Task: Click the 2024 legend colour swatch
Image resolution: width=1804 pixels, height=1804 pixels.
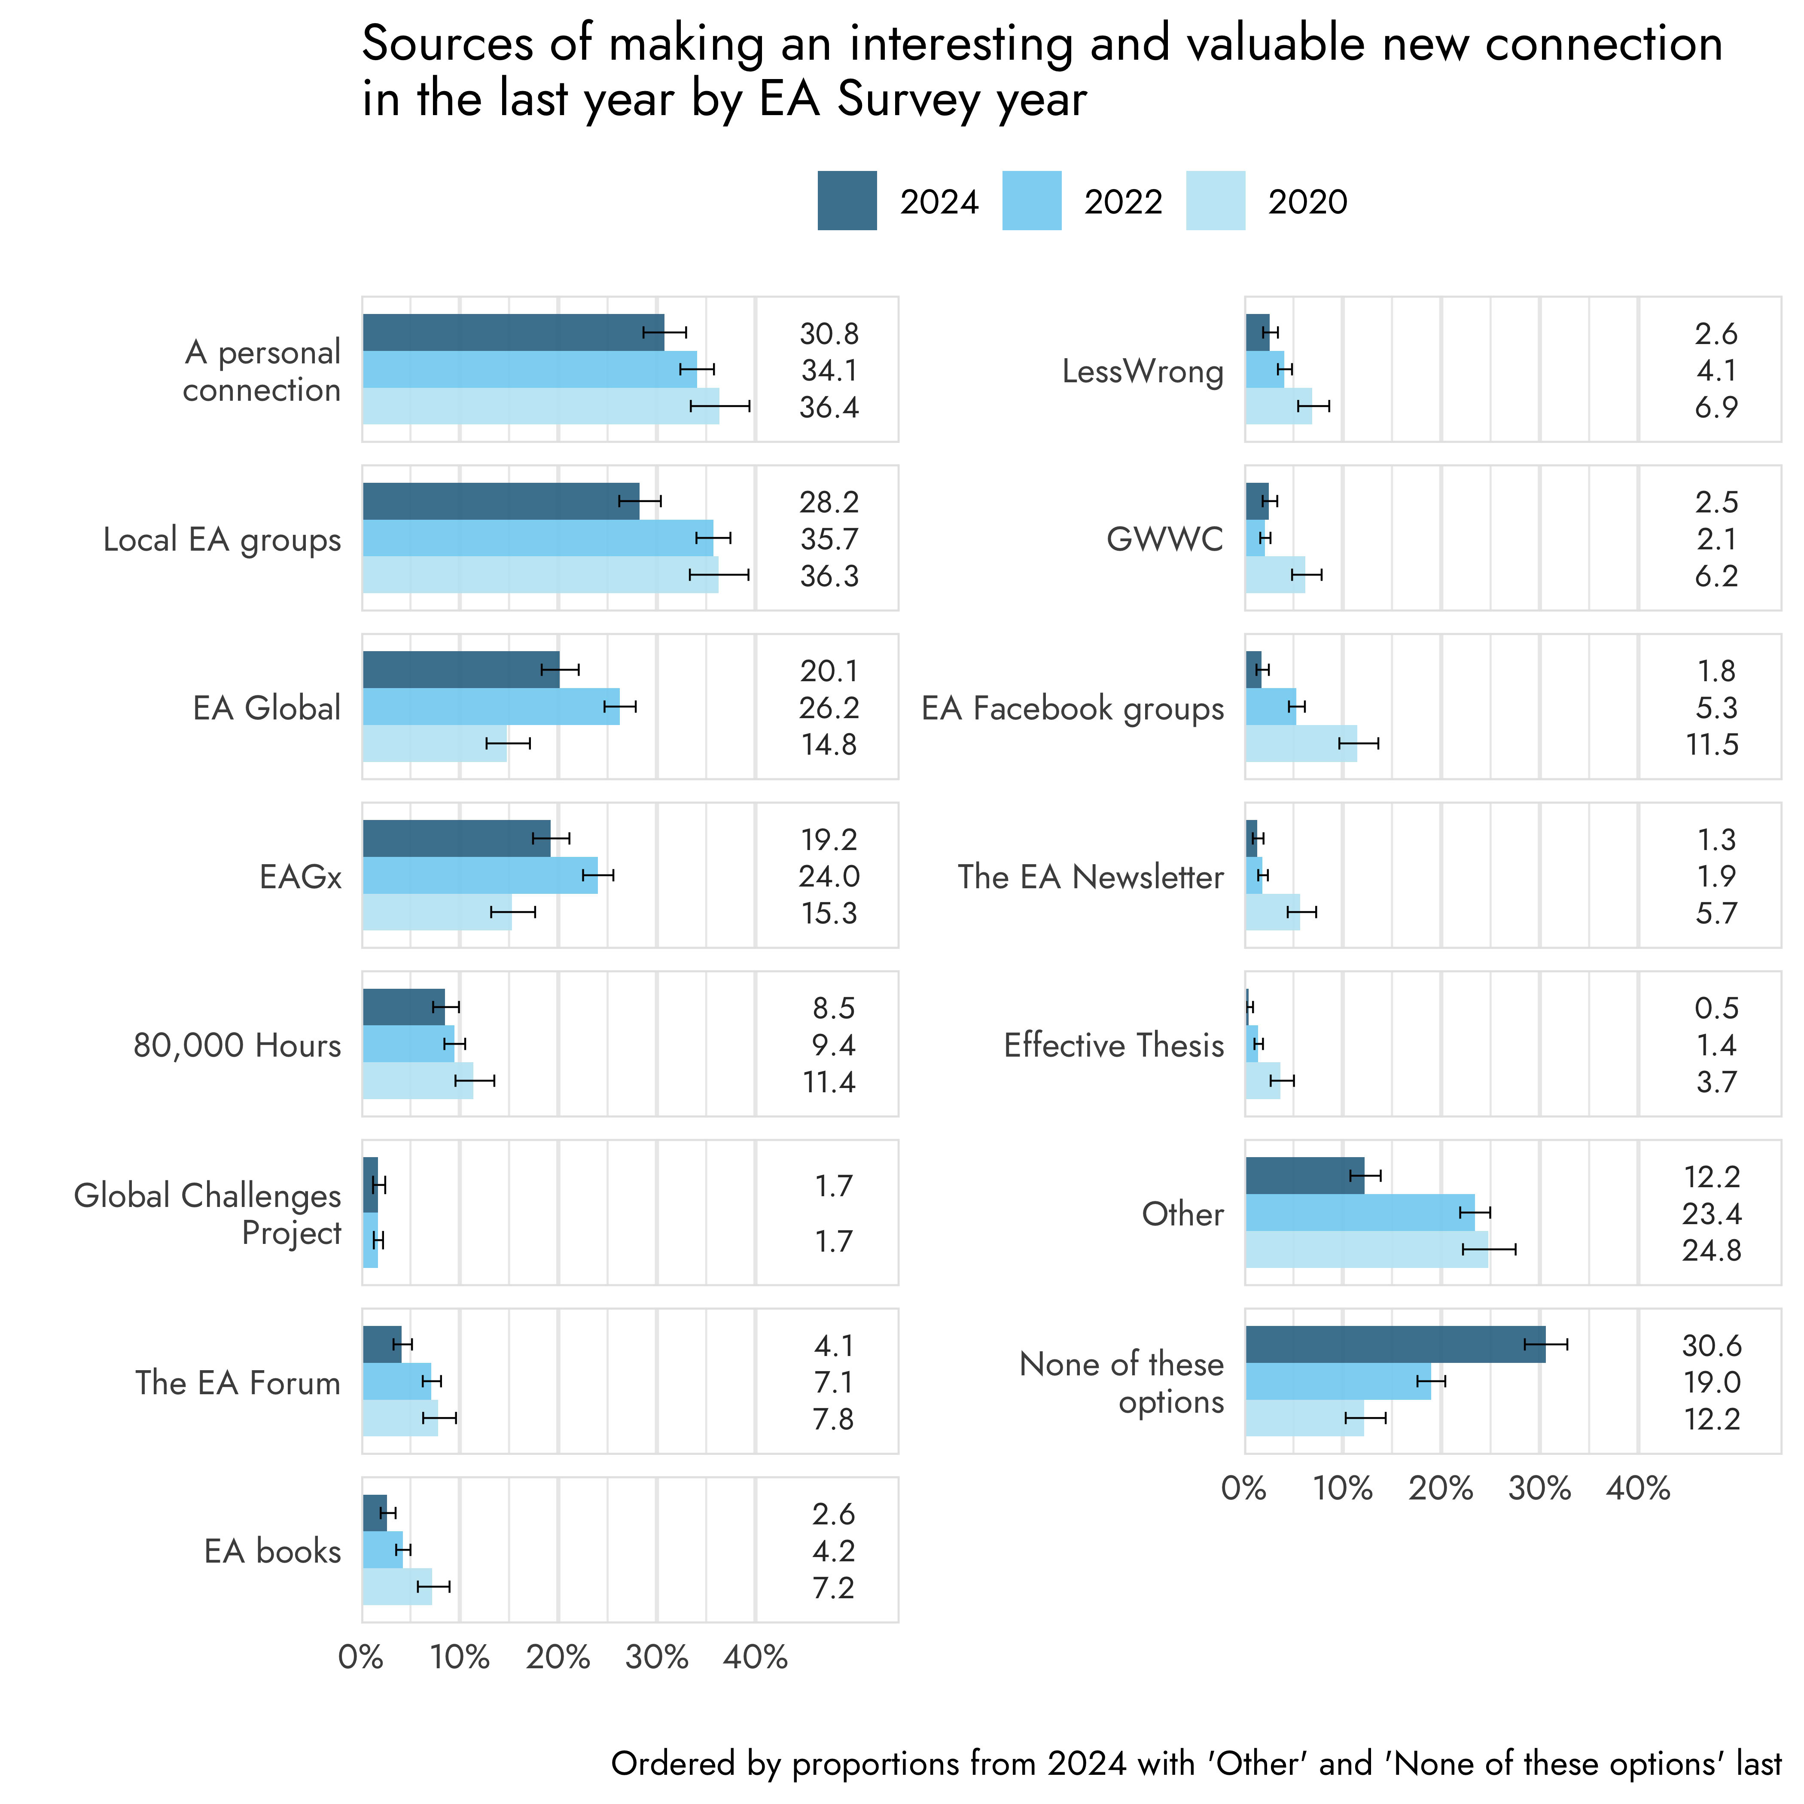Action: click(x=847, y=201)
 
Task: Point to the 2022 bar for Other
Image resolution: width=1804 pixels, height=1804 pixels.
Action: click(x=1359, y=1213)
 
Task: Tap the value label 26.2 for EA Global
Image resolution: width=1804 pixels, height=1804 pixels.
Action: click(x=829, y=708)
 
